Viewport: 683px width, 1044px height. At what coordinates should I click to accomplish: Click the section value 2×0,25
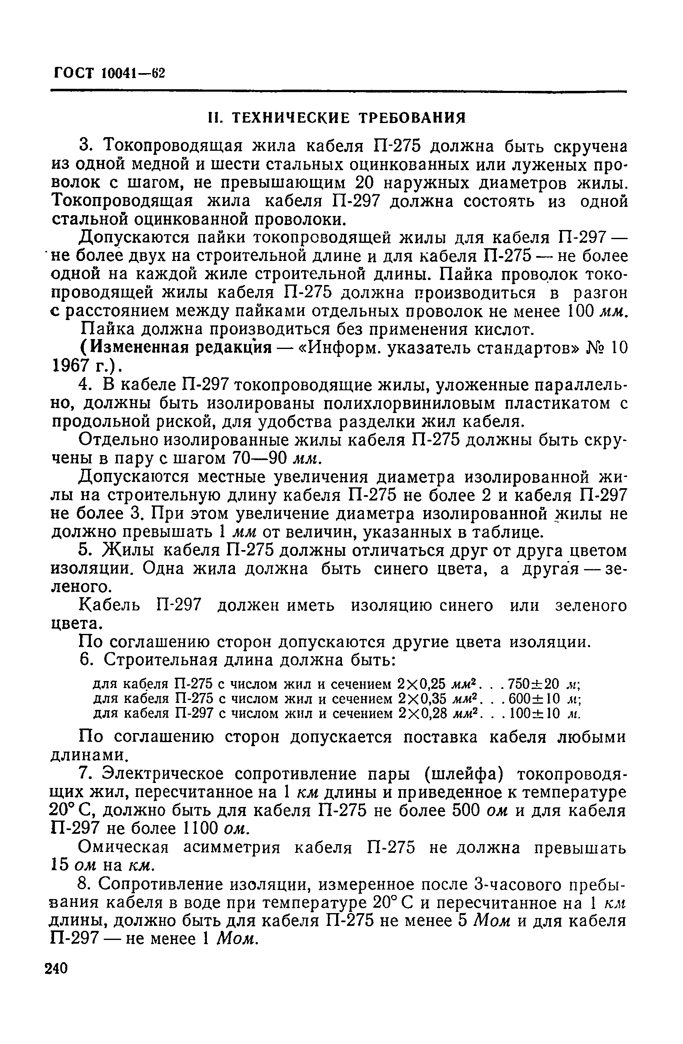[x=422, y=684]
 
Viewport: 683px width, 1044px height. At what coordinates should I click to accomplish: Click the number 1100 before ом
[x=200, y=828]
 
